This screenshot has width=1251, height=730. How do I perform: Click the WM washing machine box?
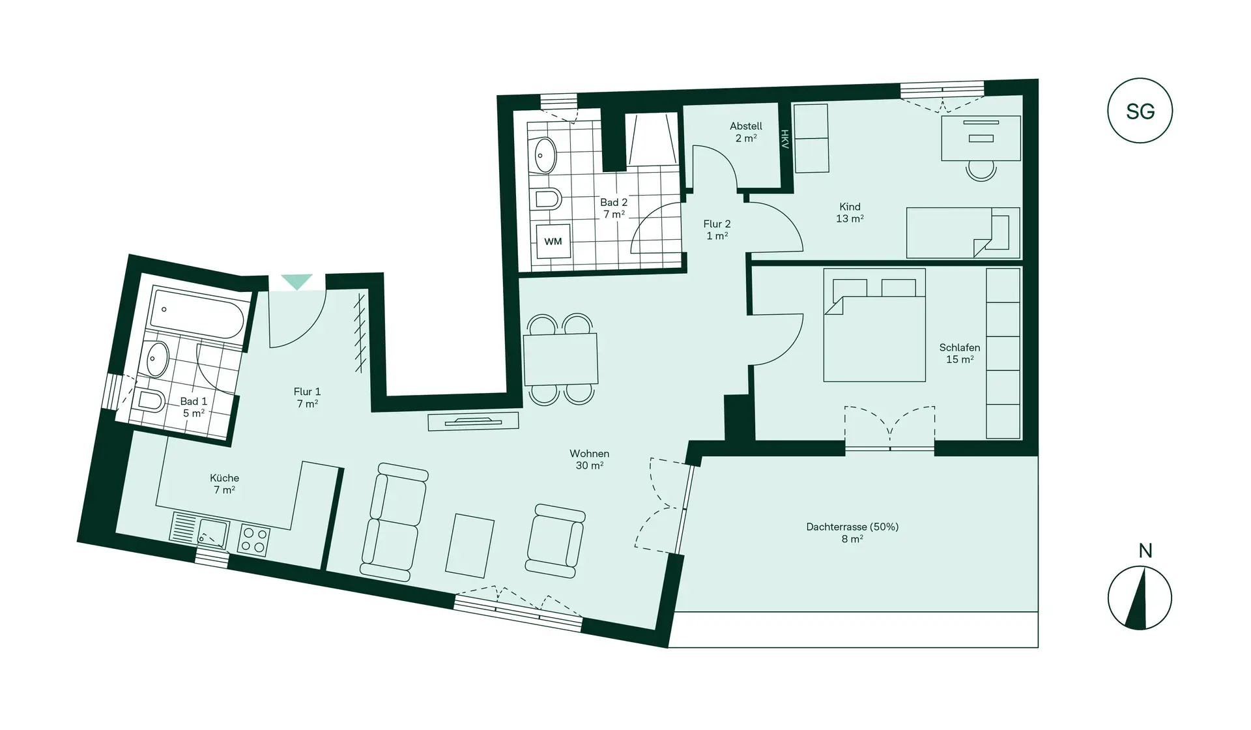point(553,241)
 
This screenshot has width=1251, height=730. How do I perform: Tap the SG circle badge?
point(1140,111)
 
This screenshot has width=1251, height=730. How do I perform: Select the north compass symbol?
point(1140,598)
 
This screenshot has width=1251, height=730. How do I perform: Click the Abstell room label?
point(745,132)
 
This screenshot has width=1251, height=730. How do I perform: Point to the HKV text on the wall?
point(785,139)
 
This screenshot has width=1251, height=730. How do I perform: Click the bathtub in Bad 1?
point(197,314)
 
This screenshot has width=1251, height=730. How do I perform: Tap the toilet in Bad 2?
point(547,198)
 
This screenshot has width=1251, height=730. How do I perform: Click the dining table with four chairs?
point(560,359)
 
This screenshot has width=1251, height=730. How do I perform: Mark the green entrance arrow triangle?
point(296,282)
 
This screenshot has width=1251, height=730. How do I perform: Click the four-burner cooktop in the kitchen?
point(253,540)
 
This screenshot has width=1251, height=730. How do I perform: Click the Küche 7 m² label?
point(225,484)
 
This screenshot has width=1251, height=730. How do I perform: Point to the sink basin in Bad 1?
point(157,359)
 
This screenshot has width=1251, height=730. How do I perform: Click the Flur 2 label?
point(717,229)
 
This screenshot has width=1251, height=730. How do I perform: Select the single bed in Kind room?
point(962,233)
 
